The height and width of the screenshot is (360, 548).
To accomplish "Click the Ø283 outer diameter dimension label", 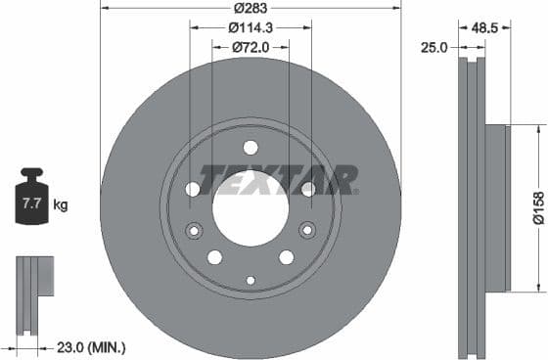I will [251, 10].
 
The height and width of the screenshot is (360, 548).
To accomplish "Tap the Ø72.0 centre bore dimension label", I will [251, 47].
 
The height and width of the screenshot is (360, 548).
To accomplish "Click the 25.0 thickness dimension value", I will [435, 46].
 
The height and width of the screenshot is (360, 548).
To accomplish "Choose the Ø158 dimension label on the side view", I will [537, 207].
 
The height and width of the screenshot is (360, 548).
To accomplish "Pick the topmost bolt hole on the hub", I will [251, 148].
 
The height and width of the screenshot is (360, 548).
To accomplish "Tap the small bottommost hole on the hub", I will [251, 281].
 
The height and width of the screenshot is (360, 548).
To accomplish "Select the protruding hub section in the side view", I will [498, 207].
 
